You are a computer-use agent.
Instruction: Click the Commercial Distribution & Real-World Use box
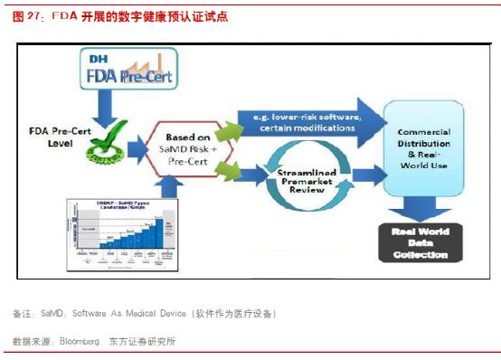[422, 146]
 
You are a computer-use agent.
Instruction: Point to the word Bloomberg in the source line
[79, 341]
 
